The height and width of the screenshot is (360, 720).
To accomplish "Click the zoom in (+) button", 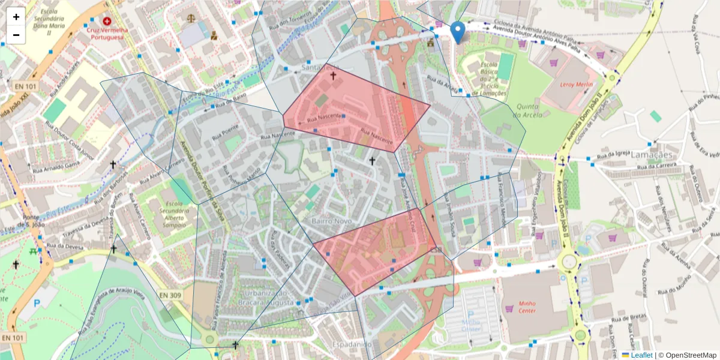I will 16,17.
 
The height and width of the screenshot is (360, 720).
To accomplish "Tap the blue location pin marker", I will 457,32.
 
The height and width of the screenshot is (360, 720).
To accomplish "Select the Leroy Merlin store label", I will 576,85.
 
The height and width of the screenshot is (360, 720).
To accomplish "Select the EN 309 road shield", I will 170,295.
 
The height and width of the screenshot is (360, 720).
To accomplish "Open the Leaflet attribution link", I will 641,355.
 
